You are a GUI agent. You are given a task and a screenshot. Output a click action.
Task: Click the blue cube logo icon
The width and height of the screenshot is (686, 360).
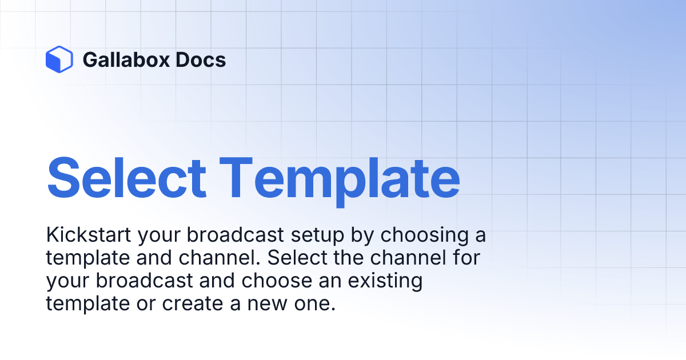(x=59, y=59)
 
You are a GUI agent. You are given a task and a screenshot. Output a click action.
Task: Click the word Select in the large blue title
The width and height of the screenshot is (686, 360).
(x=126, y=177)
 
